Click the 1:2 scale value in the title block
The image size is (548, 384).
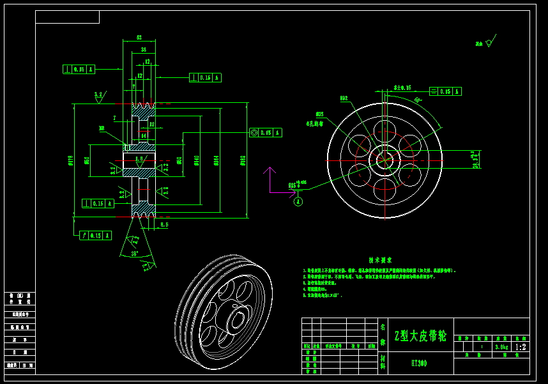tap(520, 347)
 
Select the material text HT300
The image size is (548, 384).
tap(419, 363)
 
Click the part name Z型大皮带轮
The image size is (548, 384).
tap(420, 335)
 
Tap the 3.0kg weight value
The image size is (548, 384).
tap(501, 347)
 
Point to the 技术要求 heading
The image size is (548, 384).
tap(380, 260)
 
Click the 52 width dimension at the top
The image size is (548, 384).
tap(139, 38)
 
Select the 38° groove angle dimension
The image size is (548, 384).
tap(135, 253)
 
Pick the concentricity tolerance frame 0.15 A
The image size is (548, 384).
tap(266, 133)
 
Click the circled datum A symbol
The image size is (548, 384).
tap(298, 201)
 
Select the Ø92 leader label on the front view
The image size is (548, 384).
tap(344, 98)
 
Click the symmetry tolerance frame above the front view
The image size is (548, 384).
tap(445, 91)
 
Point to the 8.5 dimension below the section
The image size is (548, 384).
tap(164, 224)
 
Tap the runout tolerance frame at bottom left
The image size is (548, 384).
tap(96, 235)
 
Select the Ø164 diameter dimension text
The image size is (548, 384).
tap(216, 160)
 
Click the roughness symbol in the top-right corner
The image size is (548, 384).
tap(489, 43)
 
